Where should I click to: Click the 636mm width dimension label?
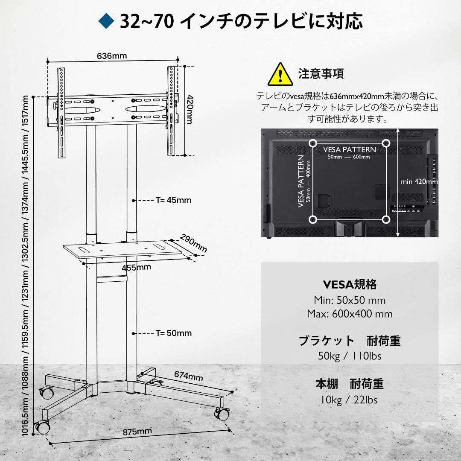click(x=112, y=55)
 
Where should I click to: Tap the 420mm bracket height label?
click(x=190, y=109)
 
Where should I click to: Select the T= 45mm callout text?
click(x=173, y=200)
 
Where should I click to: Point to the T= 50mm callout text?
click(x=173, y=333)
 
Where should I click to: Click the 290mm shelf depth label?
click(x=193, y=243)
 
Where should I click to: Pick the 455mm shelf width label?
click(x=137, y=268)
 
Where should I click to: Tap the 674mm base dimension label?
click(x=189, y=376)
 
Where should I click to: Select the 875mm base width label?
click(x=137, y=432)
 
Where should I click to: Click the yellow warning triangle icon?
click(x=280, y=74)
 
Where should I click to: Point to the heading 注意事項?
click(x=321, y=73)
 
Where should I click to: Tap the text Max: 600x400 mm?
click(x=350, y=314)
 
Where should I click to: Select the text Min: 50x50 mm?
click(x=350, y=301)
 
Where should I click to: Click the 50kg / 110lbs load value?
click(x=350, y=356)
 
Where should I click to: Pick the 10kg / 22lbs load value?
click(x=348, y=400)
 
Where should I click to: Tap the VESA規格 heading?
click(x=350, y=285)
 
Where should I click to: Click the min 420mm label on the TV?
click(x=419, y=182)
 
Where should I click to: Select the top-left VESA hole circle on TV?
click(x=313, y=143)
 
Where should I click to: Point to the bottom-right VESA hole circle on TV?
click(x=386, y=219)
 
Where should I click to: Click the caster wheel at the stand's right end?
click(x=222, y=414)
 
